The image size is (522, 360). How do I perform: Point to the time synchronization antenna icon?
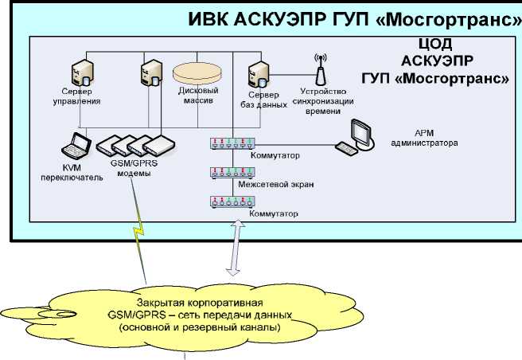(x=321, y=70)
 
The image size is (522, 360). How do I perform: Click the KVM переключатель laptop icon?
(x=76, y=146)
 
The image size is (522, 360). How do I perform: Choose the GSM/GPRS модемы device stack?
(x=135, y=145)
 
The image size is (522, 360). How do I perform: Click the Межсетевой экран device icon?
(x=232, y=172)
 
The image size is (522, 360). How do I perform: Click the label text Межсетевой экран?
(x=275, y=185)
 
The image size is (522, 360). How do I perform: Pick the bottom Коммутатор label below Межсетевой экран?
(x=273, y=214)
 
